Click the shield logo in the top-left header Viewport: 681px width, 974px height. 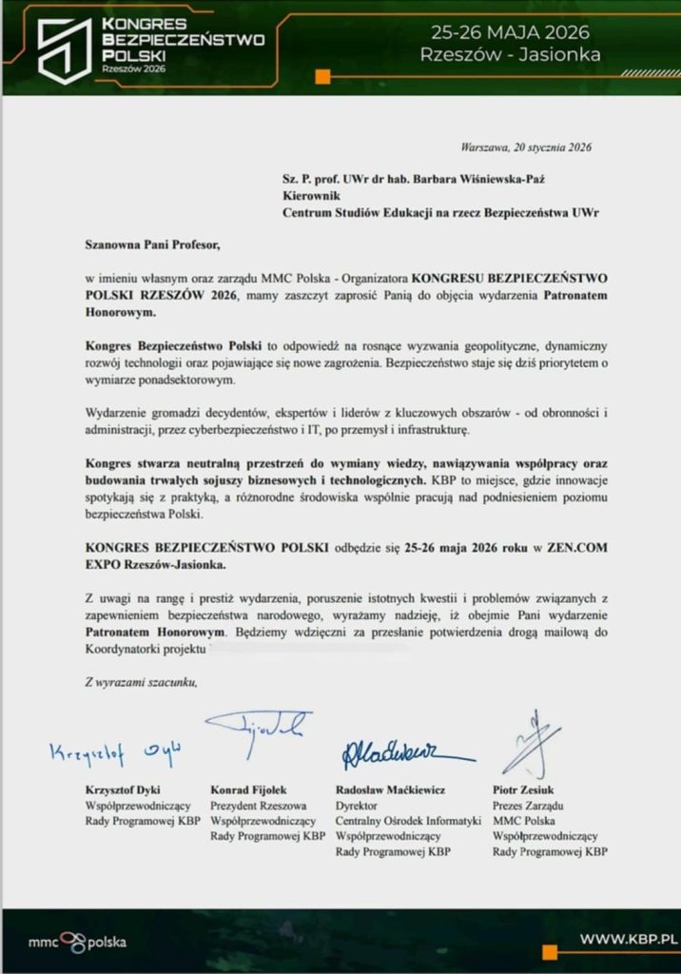coord(64,48)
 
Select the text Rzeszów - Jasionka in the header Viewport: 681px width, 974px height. coord(510,54)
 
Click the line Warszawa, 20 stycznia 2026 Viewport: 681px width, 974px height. coord(526,148)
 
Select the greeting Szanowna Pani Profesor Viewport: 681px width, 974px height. coord(151,244)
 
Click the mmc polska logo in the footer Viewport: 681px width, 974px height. coord(77,944)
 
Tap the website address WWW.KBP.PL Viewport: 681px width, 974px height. coord(629,940)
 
